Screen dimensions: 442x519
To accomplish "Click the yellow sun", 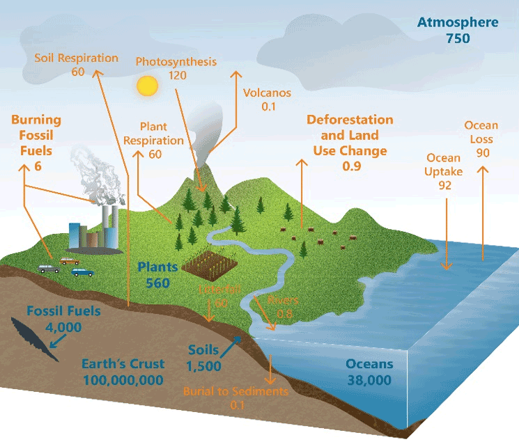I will [x=147, y=86].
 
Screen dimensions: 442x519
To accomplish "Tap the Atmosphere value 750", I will [x=458, y=38].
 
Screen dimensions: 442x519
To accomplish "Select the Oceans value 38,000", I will [x=369, y=380].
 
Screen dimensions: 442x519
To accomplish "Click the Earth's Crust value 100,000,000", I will [x=123, y=380].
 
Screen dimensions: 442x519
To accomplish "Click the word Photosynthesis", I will [x=176, y=62].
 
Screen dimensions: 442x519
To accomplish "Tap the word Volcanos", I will [x=267, y=93].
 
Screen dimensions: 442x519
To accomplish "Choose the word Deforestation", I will [x=350, y=120].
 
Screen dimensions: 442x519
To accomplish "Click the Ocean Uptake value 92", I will [x=444, y=185].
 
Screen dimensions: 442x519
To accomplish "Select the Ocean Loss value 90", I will [x=483, y=152].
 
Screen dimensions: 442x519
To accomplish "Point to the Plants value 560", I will [x=158, y=283].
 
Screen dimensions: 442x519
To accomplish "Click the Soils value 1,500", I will [x=203, y=366].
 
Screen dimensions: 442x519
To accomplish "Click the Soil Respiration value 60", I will [x=77, y=72].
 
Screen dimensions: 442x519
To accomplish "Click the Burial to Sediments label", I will [x=235, y=391].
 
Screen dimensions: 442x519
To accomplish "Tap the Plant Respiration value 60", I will [x=155, y=154].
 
